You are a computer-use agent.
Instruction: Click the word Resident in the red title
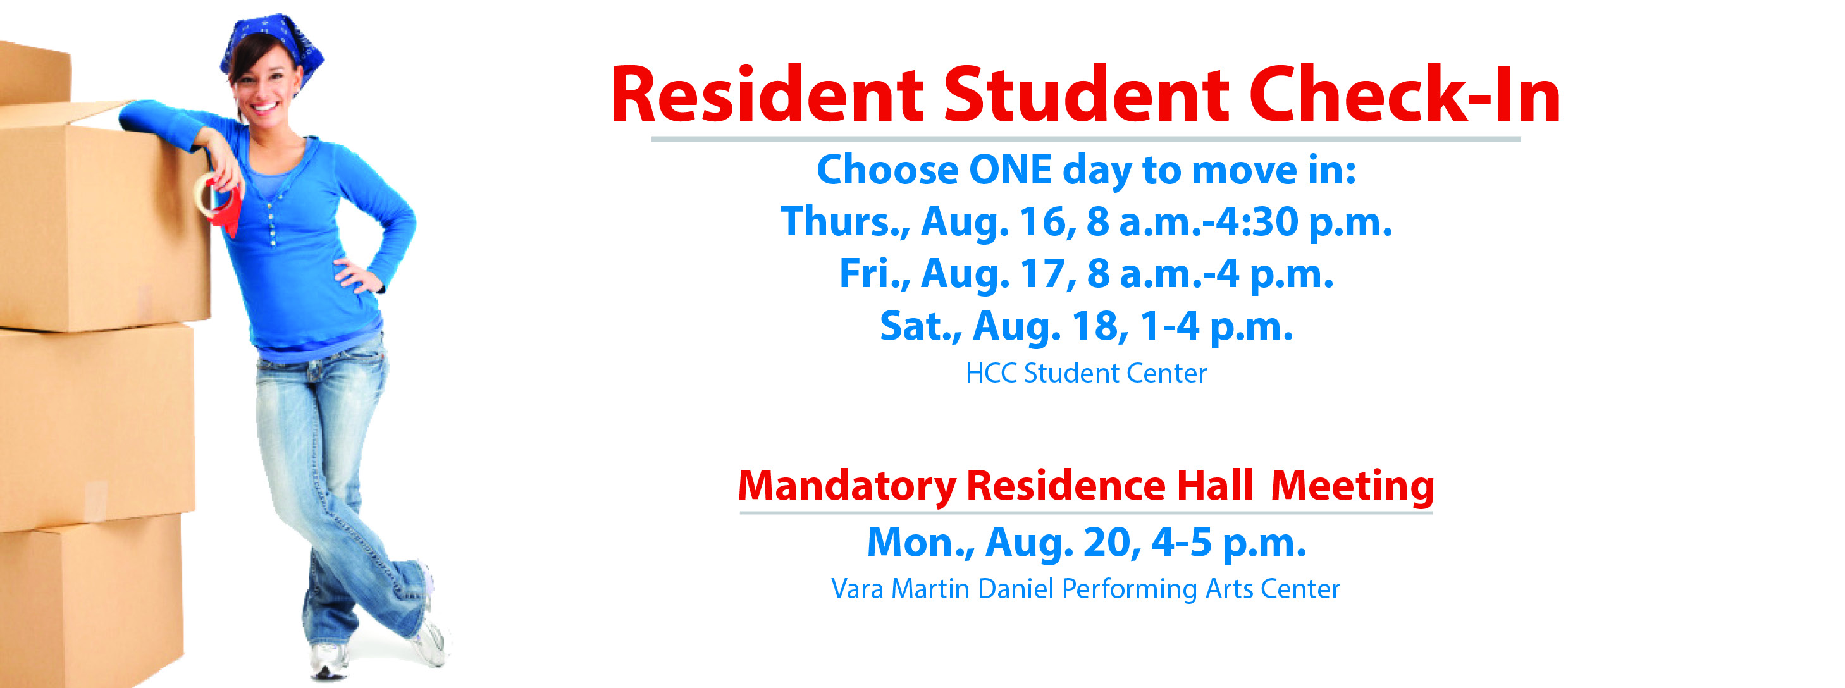pyautogui.click(x=767, y=95)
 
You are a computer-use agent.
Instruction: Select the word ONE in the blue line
pyautogui.click(x=1010, y=170)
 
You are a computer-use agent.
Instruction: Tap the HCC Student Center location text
pyautogui.click(x=1086, y=373)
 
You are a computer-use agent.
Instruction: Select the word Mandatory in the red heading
pyautogui.click(x=848, y=487)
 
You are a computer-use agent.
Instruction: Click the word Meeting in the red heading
pyautogui.click(x=1352, y=487)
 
